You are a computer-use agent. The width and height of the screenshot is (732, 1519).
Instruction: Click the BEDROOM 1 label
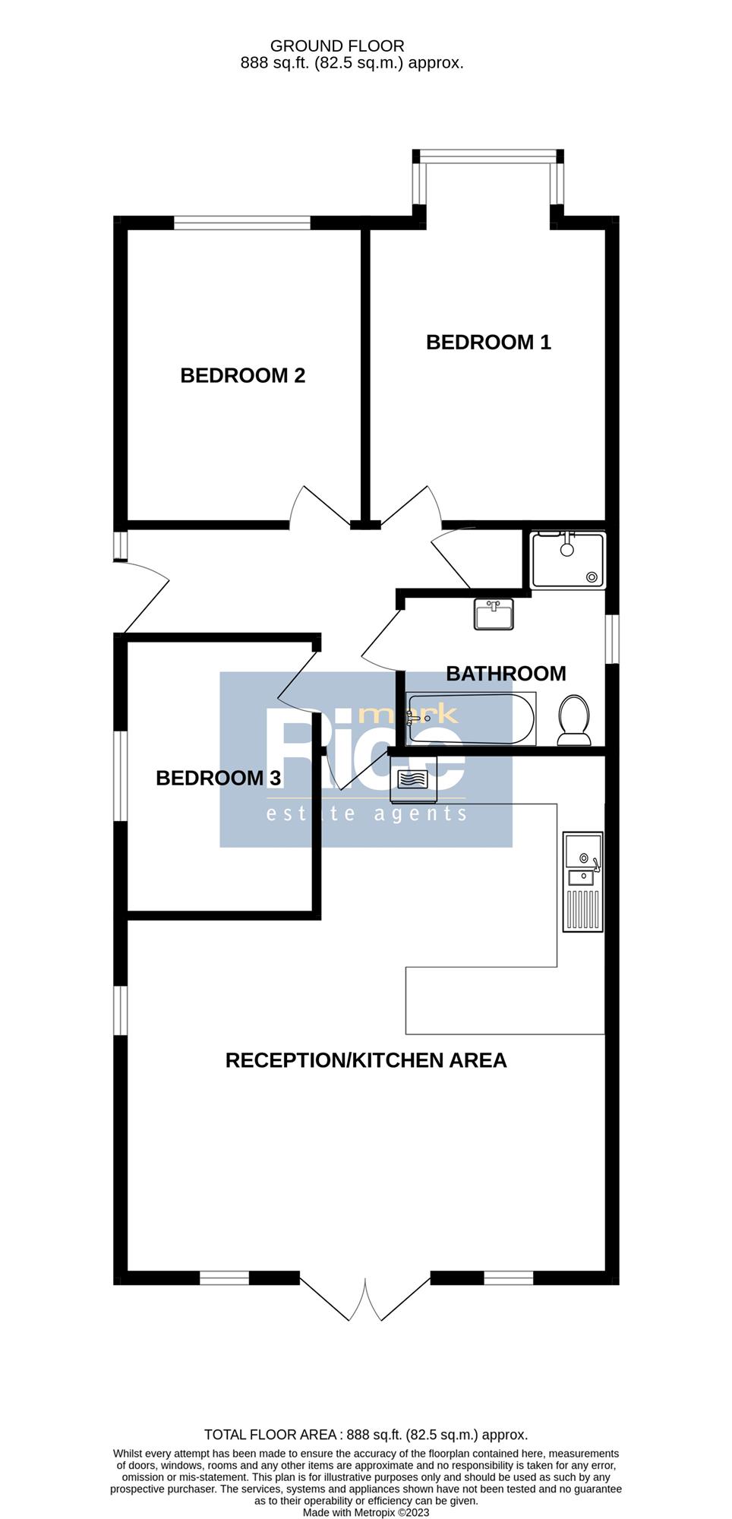(x=488, y=343)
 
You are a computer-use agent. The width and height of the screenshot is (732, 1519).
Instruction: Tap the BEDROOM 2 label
(x=243, y=375)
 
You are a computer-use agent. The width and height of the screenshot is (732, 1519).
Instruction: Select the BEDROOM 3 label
(x=219, y=778)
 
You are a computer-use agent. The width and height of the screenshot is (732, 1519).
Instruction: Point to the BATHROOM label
(x=506, y=674)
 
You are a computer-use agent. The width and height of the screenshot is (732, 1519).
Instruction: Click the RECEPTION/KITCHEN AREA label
(x=366, y=1060)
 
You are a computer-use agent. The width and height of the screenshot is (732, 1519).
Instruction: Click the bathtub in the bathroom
(x=471, y=718)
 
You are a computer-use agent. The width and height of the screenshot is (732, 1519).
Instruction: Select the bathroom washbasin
(x=494, y=614)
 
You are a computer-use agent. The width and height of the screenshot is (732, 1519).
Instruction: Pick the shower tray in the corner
(x=569, y=560)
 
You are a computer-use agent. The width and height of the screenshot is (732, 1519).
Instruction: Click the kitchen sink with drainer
(x=582, y=882)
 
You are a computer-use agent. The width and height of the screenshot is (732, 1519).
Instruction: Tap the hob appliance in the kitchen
(x=413, y=783)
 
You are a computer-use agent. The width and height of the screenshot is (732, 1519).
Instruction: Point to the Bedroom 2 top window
(x=242, y=223)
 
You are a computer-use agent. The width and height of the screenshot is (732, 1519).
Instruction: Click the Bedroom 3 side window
(x=120, y=775)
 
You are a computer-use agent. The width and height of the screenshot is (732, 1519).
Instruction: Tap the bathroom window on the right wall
(x=612, y=639)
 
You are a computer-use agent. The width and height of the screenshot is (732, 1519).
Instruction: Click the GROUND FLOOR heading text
(x=337, y=46)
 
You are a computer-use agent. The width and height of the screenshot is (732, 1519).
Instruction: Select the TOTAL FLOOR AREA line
(x=366, y=1435)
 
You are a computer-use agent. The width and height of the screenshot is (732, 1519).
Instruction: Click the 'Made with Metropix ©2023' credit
(x=366, y=1512)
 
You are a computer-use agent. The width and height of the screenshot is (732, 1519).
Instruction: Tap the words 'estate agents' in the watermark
(x=366, y=814)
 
